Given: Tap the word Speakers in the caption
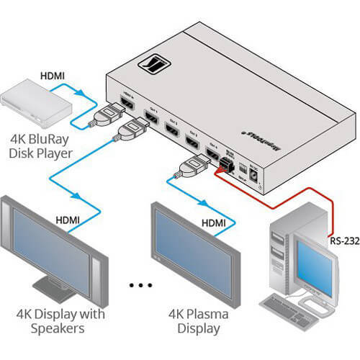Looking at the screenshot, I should (x=54, y=329).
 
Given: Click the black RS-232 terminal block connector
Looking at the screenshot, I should (x=224, y=167).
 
